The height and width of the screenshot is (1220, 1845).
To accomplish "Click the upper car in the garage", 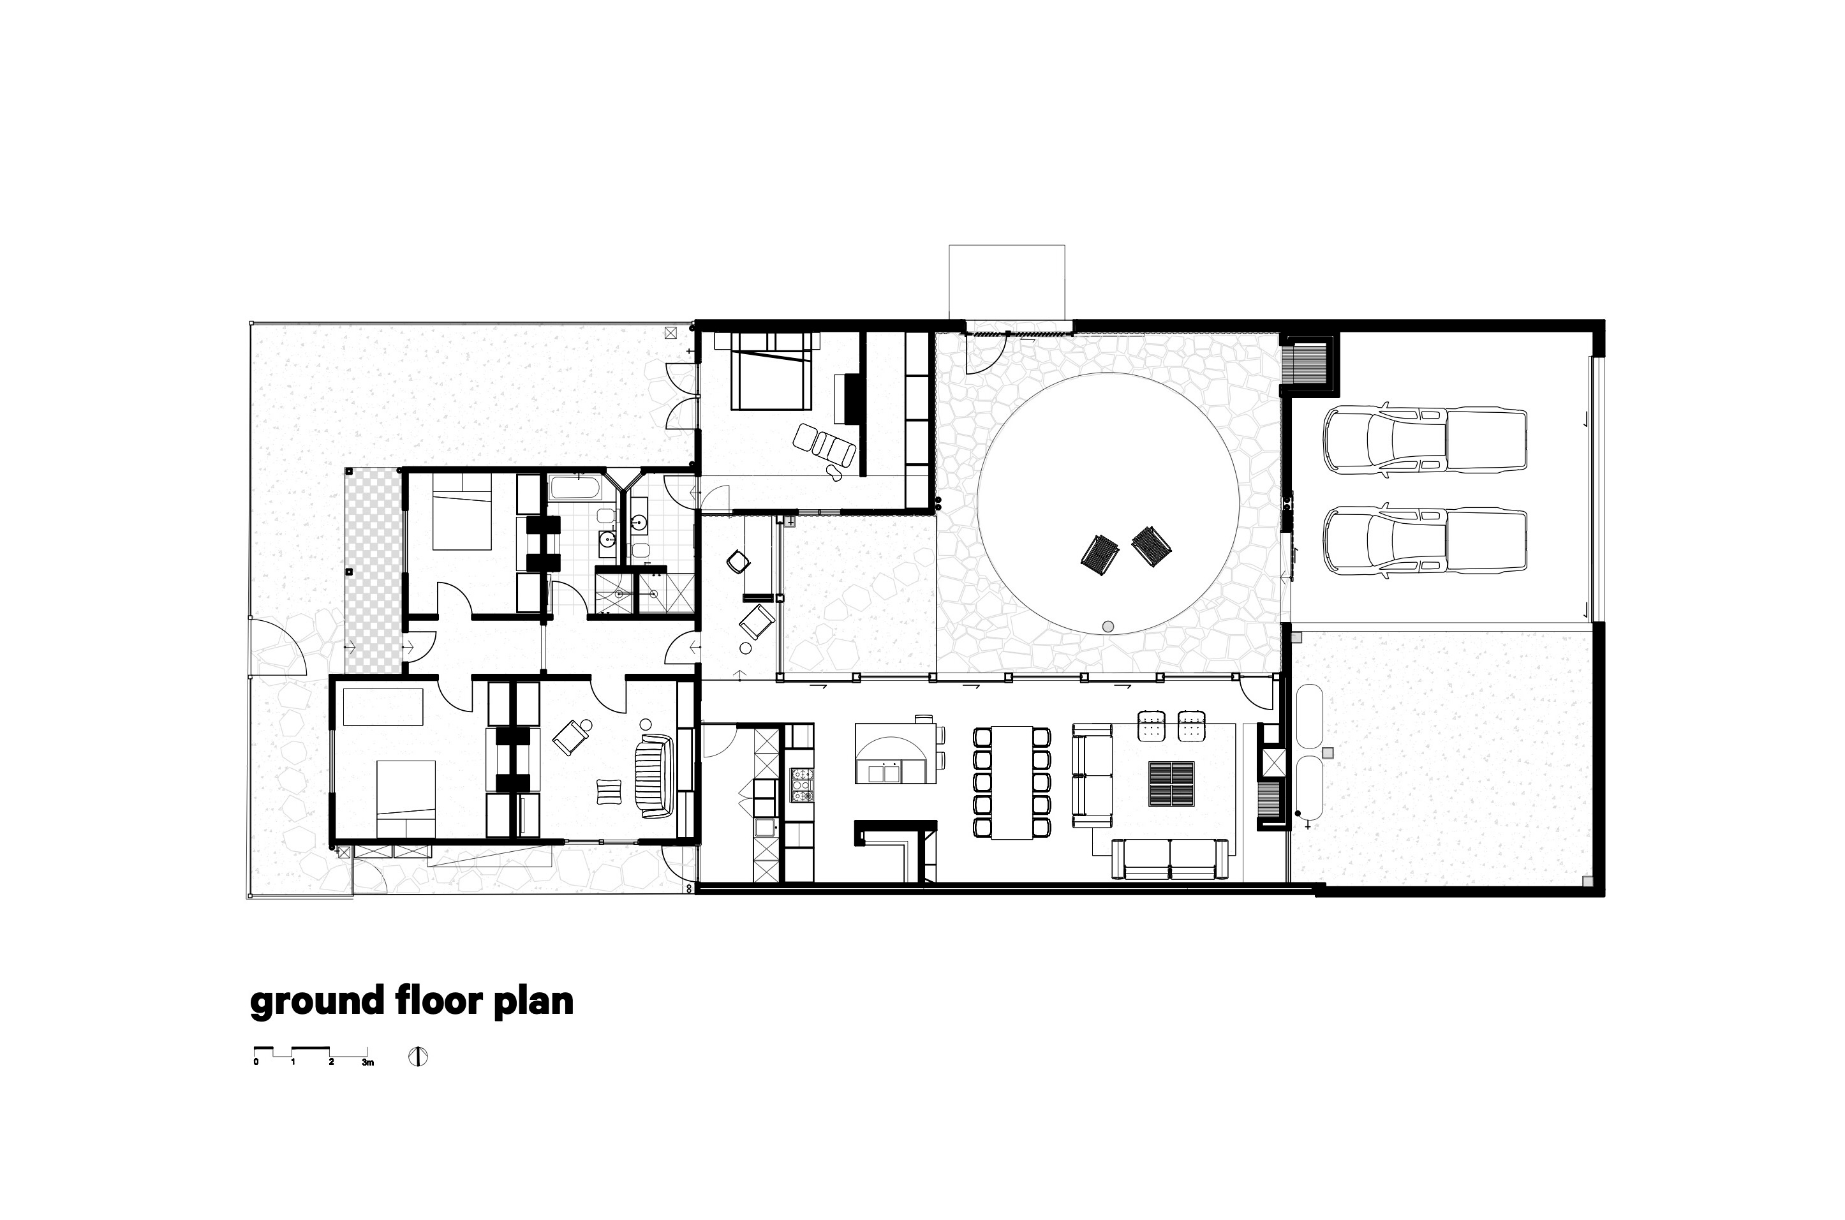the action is [1426, 438].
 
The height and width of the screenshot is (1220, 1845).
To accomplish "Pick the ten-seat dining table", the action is [1011, 782].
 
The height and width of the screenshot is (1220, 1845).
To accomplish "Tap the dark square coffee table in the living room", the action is [1171, 784].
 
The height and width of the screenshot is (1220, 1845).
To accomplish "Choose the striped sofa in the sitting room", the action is [653, 776].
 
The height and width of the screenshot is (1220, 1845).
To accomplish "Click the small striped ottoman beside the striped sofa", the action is [608, 791].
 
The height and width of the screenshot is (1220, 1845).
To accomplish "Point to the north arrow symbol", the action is [419, 1057].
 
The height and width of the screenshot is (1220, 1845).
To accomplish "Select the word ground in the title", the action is [316, 1003].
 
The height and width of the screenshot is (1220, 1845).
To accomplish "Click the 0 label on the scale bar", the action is [256, 1062].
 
